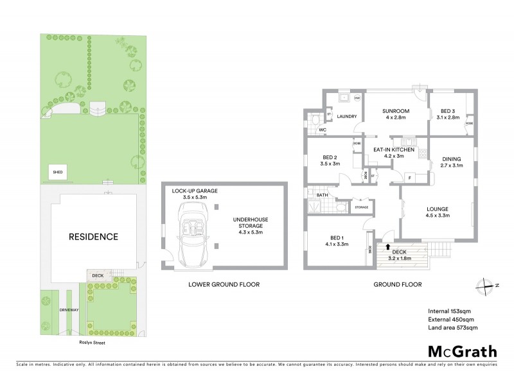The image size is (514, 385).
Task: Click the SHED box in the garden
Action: pyautogui.click(x=58, y=173)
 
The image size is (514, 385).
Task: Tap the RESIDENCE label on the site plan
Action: pyautogui.click(x=94, y=237)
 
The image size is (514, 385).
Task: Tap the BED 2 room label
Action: pyautogui.click(x=330, y=160)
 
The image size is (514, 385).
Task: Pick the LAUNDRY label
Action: pyautogui.click(x=347, y=116)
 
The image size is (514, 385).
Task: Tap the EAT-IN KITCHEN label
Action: pyautogui.click(x=393, y=152)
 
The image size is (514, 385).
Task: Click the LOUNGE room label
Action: pyautogui.click(x=437, y=212)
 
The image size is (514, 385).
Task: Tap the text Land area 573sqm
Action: pyautogui.click(x=452, y=328)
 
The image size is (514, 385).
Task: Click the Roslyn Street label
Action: pyautogui.click(x=91, y=343)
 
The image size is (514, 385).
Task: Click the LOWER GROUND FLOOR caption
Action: pyautogui.click(x=224, y=284)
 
